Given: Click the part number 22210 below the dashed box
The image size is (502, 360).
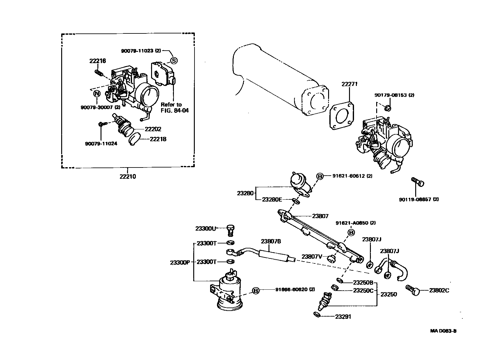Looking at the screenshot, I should (x=128, y=177).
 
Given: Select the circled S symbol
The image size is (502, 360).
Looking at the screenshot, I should (x=174, y=61).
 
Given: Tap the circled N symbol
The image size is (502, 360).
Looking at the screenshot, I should (x=96, y=93).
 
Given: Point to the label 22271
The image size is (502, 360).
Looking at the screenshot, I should (x=349, y=84).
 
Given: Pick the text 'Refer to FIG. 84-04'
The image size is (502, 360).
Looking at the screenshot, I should (x=175, y=107).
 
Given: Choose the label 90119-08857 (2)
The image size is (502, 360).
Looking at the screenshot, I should (x=418, y=199).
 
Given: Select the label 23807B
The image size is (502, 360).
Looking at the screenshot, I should (x=271, y=241).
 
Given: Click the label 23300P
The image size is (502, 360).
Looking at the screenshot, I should (x=180, y=262).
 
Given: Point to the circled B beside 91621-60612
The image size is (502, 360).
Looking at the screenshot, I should (x=320, y=176).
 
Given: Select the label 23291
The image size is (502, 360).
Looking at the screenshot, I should (x=343, y=317).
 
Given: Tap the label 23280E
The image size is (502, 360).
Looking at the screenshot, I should (x=272, y=199).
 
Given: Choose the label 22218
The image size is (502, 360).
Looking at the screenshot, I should (x=158, y=139).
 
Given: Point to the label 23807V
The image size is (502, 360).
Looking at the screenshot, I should (x=312, y=257).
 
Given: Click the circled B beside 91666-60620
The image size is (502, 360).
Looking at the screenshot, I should (x=255, y=291).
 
